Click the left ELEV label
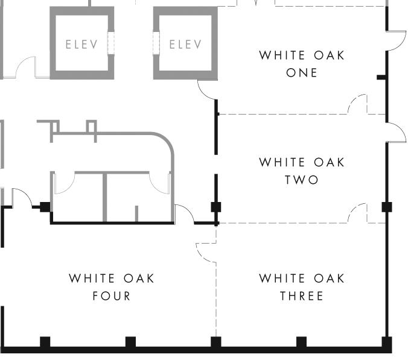coord(81,44)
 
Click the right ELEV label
coord(185,44)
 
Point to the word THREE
coord(302,296)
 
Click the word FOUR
coord(112,296)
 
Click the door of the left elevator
coord(111,43)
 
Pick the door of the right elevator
coord(156,43)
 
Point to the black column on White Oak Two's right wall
coord(387,207)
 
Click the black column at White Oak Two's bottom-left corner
coord(216,207)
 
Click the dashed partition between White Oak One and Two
coord(284,114)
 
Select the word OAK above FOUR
coord(139,279)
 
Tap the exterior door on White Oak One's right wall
coord(394,42)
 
